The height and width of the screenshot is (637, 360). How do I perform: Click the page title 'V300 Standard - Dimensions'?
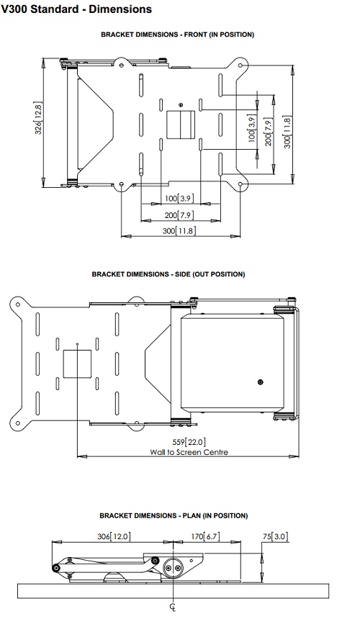76,9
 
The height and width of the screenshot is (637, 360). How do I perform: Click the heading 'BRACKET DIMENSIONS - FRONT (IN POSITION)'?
178,35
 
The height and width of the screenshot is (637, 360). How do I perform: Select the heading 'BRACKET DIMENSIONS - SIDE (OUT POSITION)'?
168,274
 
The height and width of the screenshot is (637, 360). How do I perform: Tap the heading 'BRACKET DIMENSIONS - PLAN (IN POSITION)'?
174,515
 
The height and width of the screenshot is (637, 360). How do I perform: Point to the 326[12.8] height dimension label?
38,118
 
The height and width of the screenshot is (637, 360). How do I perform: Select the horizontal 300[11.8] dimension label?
179,231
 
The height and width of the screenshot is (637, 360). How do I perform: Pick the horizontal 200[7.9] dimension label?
179,215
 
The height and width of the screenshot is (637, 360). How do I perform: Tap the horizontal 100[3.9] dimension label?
179,198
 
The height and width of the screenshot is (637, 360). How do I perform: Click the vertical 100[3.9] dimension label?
251,128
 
